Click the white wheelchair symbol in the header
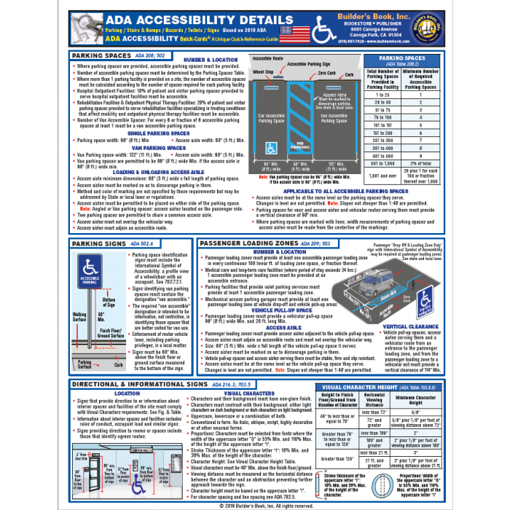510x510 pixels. pyautogui.click(x=324, y=31)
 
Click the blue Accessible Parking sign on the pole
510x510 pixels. pyautogui.click(x=90, y=259)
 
